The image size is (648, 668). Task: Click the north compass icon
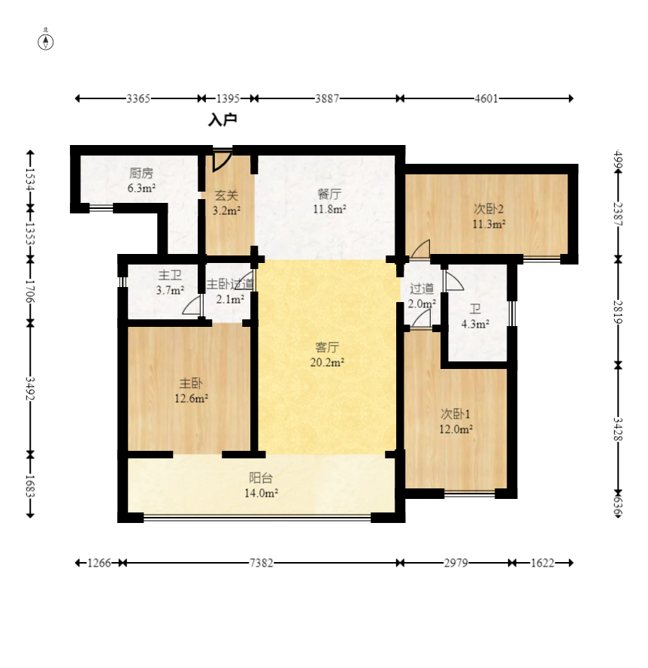click(x=46, y=42)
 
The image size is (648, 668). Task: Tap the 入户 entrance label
click(x=223, y=120)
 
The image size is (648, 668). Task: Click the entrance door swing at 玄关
click(x=222, y=160)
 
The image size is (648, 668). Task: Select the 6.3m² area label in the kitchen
click(x=141, y=187)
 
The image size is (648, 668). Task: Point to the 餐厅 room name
click(x=329, y=195)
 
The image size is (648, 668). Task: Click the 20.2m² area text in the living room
click(x=328, y=362)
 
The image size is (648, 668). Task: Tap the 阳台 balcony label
click(x=261, y=478)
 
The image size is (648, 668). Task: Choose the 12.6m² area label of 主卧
click(x=192, y=399)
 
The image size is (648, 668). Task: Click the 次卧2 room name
click(x=489, y=209)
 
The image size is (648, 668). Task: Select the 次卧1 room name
click(x=456, y=414)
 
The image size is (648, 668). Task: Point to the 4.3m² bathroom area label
click(x=475, y=324)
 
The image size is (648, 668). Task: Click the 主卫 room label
click(x=170, y=275)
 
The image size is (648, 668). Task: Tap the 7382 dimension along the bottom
click(x=261, y=563)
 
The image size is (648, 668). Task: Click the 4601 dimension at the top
click(x=486, y=98)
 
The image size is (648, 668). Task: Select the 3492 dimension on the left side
click(x=30, y=388)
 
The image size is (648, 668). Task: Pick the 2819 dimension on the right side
click(x=618, y=312)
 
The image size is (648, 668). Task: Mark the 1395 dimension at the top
click(x=228, y=98)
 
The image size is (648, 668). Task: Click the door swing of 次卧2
click(x=420, y=249)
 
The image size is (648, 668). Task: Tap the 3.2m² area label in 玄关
click(x=226, y=210)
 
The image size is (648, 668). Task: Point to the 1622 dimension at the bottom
click(x=542, y=563)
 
